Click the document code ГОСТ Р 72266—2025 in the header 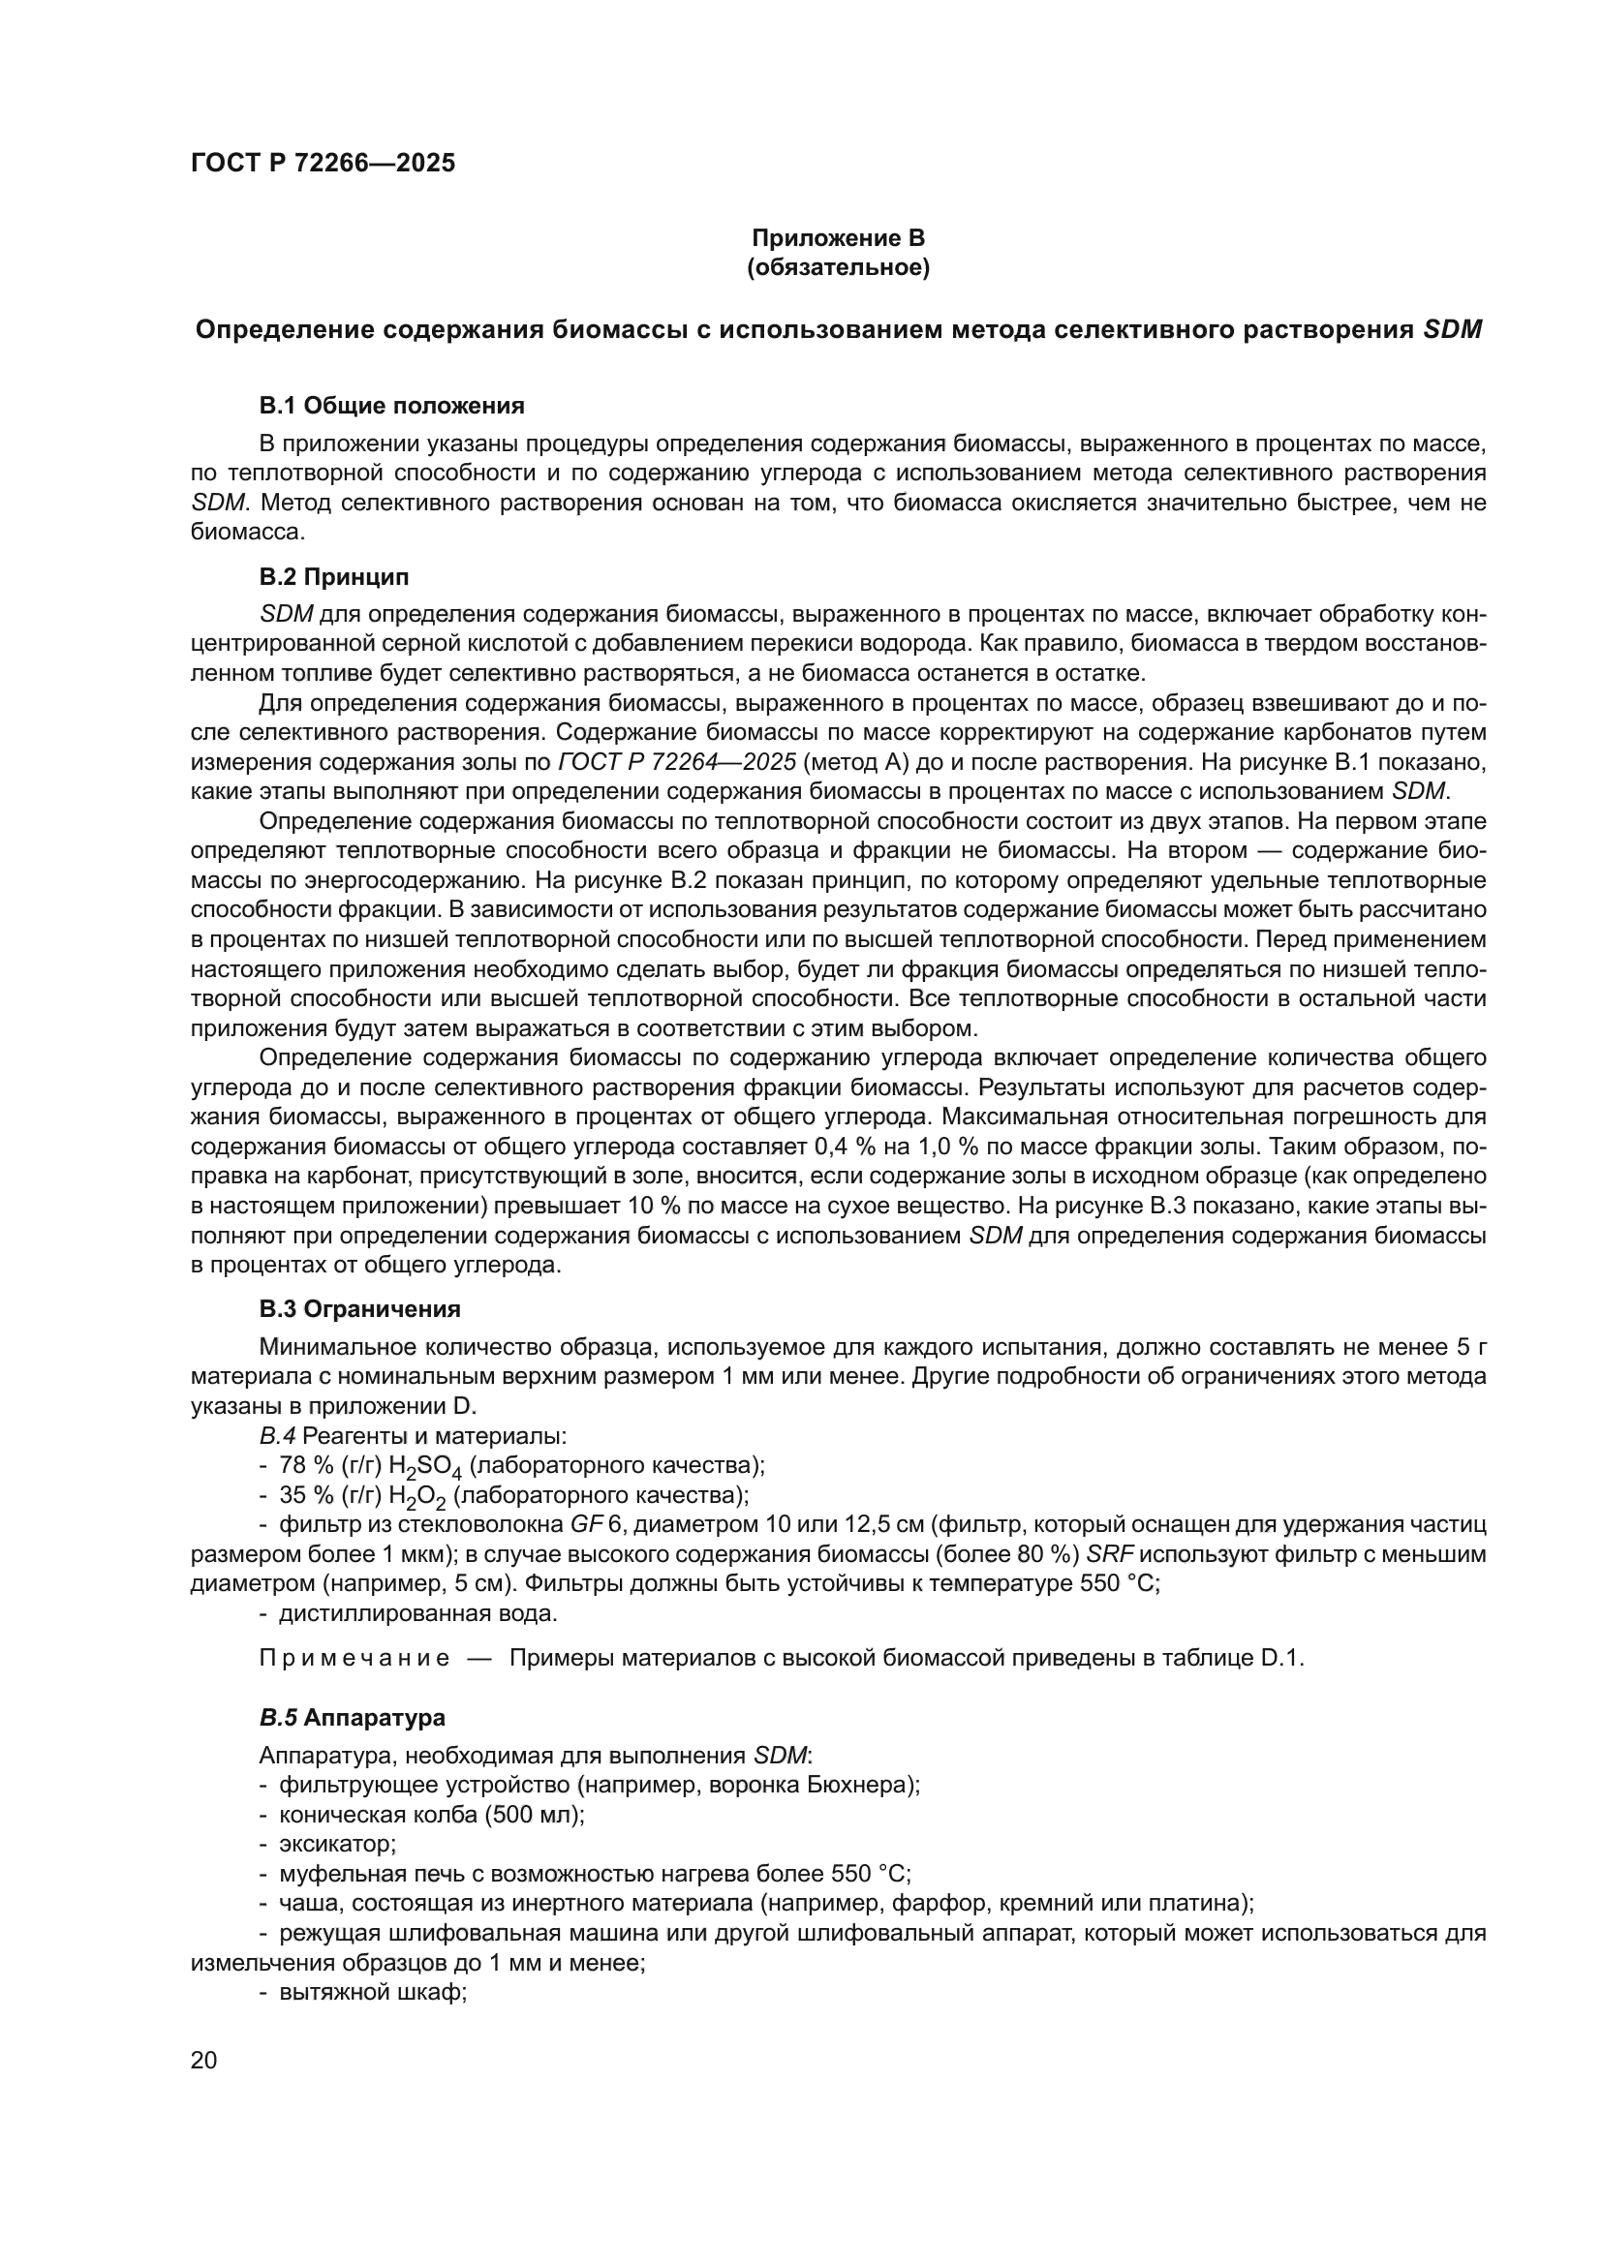click(323, 164)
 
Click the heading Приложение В click(838, 238)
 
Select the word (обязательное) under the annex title click(838, 267)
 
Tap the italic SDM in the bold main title click(1453, 330)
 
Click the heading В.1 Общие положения click(391, 406)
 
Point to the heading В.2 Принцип click(333, 576)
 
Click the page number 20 click(204, 2060)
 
